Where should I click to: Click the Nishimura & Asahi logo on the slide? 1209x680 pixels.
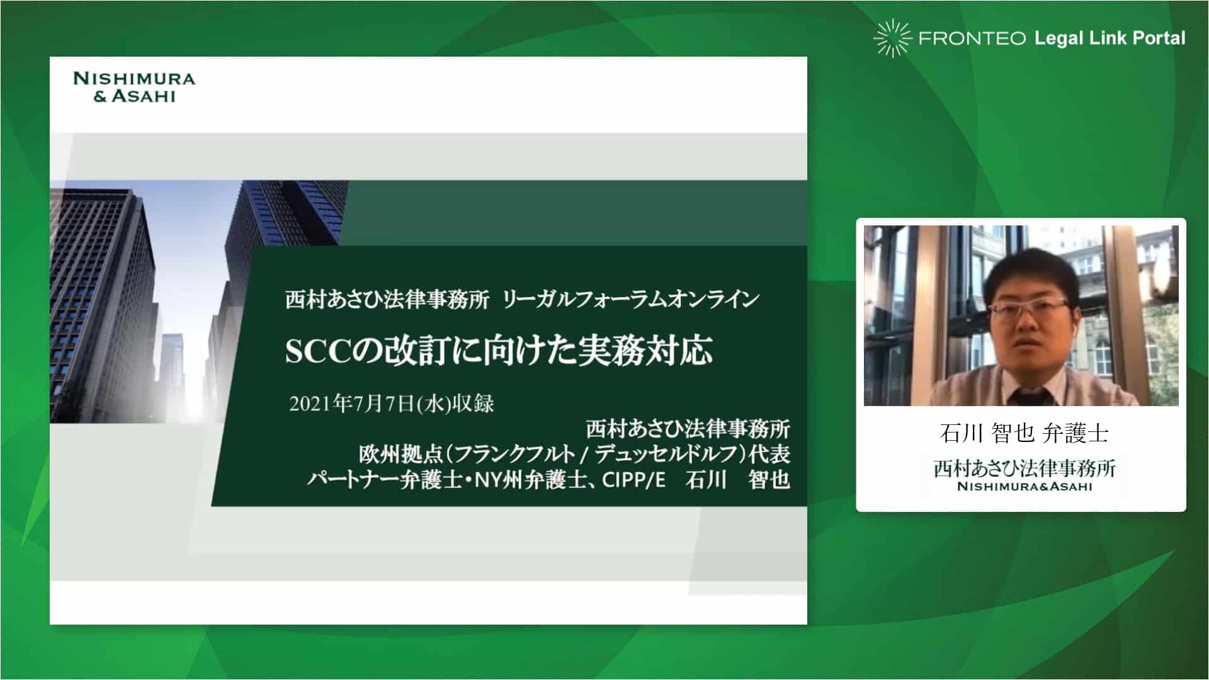[x=134, y=87]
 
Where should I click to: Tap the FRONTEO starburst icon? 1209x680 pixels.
[x=892, y=38]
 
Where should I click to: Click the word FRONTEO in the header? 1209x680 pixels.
[x=972, y=38]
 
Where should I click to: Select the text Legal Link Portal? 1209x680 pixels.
[x=1110, y=38]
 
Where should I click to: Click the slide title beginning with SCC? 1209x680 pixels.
[x=499, y=350]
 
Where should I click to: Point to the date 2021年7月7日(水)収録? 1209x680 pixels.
[x=392, y=404]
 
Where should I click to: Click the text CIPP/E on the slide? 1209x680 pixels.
[x=633, y=480]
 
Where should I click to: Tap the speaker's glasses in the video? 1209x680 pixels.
[x=1029, y=309]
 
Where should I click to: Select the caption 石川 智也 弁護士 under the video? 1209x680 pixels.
[x=1024, y=433]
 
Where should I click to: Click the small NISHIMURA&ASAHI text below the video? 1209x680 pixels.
[x=1025, y=486]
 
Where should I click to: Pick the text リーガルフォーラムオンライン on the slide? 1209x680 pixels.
[x=631, y=300]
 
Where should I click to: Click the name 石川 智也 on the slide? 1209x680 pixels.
[x=737, y=480]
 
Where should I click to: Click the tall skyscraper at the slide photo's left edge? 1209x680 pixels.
[x=101, y=302]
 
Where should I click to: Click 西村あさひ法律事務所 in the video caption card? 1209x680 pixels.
[x=1025, y=468]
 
